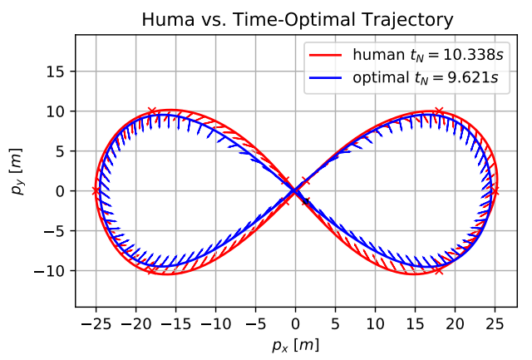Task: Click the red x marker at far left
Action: pyautogui.click(x=96, y=191)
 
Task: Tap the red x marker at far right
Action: pyautogui.click(x=495, y=191)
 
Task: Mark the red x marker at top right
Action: pyautogui.click(x=439, y=111)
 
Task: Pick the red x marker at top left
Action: pyautogui.click(x=151, y=111)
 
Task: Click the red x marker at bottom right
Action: pyautogui.click(x=439, y=270)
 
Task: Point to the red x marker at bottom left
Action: pyautogui.click(x=151, y=270)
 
